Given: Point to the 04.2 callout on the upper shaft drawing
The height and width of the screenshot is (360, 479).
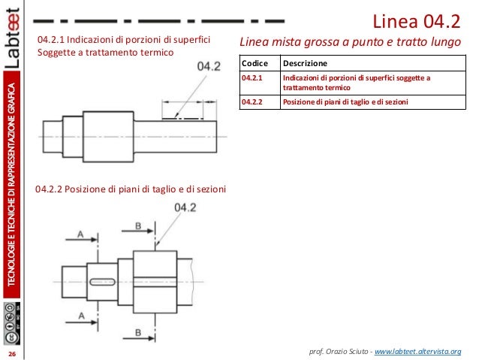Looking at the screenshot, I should pos(208,68).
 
